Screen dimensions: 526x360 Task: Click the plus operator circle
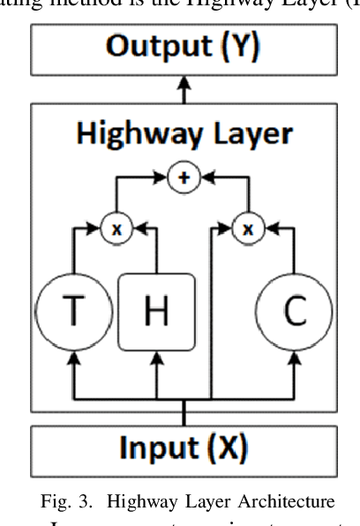(x=184, y=177)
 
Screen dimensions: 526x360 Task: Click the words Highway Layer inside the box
(x=184, y=136)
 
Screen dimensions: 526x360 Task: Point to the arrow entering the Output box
(x=184, y=86)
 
